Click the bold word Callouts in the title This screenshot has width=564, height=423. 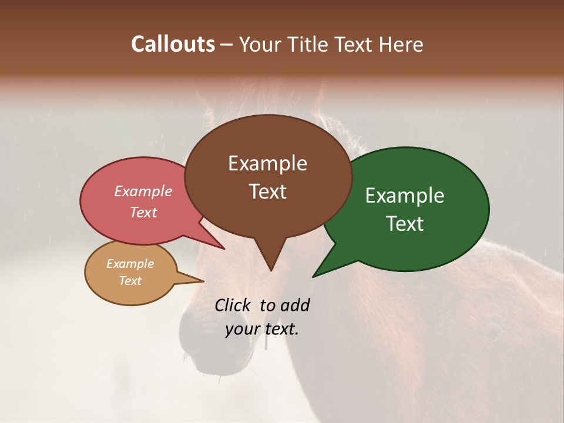(173, 44)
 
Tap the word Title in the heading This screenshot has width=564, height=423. (310, 45)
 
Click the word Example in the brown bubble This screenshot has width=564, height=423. (267, 163)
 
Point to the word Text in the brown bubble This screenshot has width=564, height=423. (267, 192)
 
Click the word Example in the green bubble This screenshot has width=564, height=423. (405, 196)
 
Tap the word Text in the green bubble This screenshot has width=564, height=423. (405, 224)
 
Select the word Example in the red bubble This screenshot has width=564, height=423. (143, 191)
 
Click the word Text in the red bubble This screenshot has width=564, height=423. (143, 212)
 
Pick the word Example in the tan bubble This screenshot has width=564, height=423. (130, 264)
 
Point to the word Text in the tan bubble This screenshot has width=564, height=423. (130, 281)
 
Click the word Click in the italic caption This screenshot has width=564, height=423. (233, 305)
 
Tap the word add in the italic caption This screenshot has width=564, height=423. (295, 305)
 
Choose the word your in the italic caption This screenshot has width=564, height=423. (241, 329)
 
